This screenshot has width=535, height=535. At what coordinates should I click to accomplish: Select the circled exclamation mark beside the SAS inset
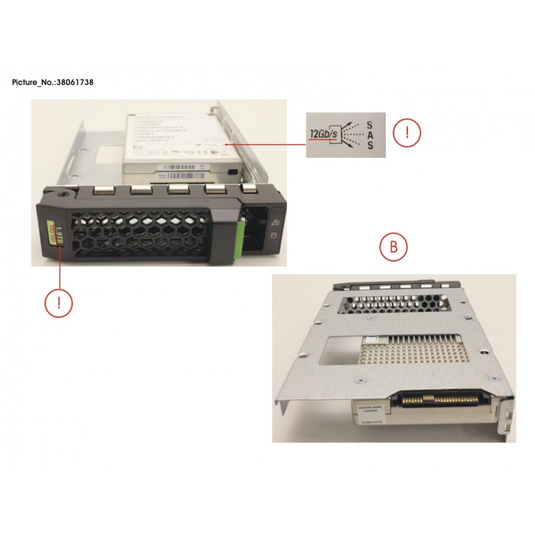(x=406, y=132)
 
